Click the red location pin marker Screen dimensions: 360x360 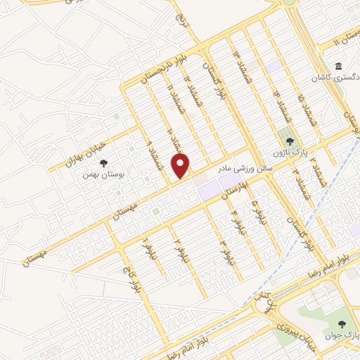tap(181, 165)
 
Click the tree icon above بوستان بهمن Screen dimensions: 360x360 tap(103, 164)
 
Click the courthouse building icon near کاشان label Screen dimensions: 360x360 tap(338, 67)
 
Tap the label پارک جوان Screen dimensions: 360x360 tap(342, 335)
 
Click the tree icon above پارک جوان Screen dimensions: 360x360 tap(342, 323)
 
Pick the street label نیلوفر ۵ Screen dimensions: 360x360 tap(256, 210)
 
